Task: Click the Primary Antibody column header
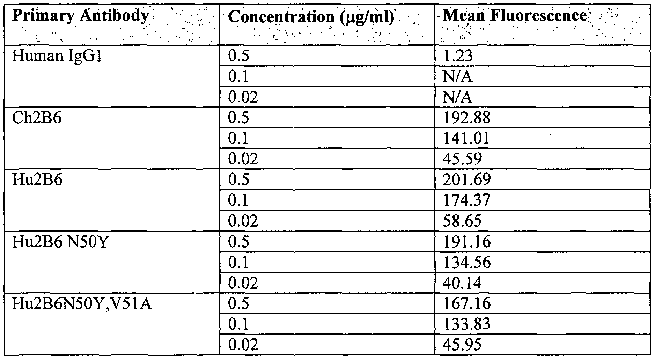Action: click(x=80, y=16)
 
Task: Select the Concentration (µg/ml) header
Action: click(x=311, y=17)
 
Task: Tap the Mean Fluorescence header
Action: click(x=515, y=15)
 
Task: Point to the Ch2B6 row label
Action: click(x=37, y=118)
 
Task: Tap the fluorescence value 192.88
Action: click(x=466, y=118)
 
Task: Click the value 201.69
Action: click(x=466, y=180)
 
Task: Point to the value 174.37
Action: click(x=466, y=200)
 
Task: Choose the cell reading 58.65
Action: click(x=462, y=221)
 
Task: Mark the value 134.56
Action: click(x=466, y=262)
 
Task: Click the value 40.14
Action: click(x=462, y=283)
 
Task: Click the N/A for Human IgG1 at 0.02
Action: click(x=457, y=97)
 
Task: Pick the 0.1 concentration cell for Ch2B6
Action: click(x=238, y=138)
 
